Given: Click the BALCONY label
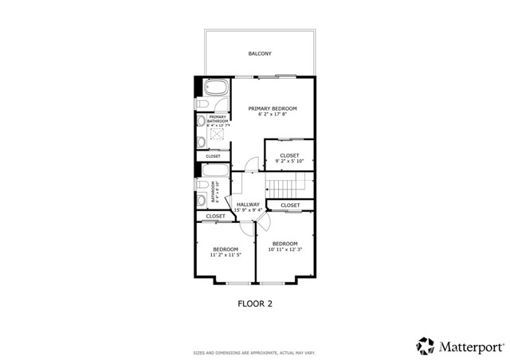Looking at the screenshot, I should click(260, 54).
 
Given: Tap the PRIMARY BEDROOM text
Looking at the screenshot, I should click(273, 108).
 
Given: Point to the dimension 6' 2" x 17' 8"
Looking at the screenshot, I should click(273, 115).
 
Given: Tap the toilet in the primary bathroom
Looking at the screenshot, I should click(202, 104).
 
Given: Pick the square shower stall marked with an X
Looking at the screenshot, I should click(218, 141).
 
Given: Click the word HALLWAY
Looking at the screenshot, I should click(248, 205).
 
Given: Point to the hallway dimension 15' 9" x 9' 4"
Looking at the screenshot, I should click(248, 211).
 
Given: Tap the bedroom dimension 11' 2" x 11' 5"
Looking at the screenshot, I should click(226, 256).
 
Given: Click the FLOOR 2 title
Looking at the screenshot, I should click(256, 303).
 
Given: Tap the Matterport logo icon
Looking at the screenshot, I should click(425, 345).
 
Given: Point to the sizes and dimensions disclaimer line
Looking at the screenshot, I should click(255, 352).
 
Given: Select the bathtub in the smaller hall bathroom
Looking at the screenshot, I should click(216, 170).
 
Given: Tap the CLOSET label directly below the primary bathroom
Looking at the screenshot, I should click(213, 156).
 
